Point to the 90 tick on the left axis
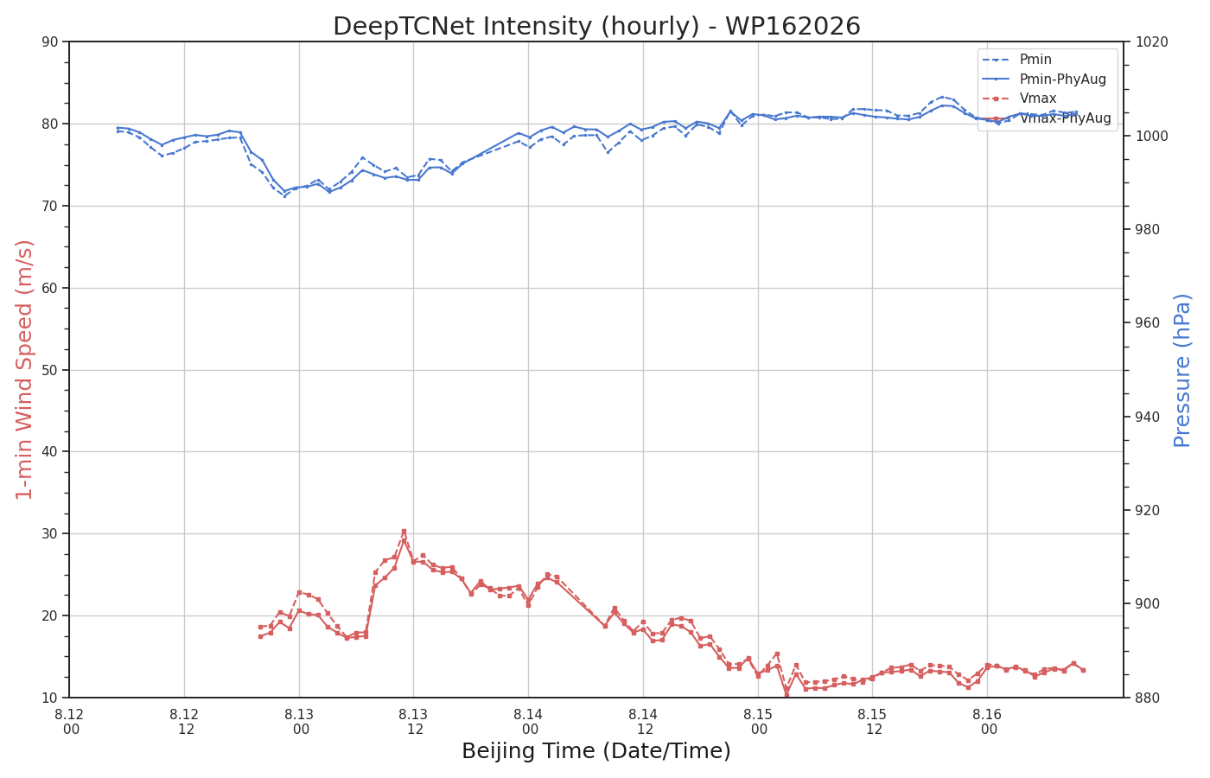[x=50, y=42]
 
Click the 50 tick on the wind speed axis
[x=50, y=370]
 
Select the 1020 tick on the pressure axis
[x=1151, y=42]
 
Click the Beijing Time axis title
[x=596, y=751]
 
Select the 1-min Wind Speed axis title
[x=24, y=370]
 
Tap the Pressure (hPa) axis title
[x=1182, y=371]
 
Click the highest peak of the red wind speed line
[x=404, y=532]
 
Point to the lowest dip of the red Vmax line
[x=786, y=695]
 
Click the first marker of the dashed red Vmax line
[x=260, y=628]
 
